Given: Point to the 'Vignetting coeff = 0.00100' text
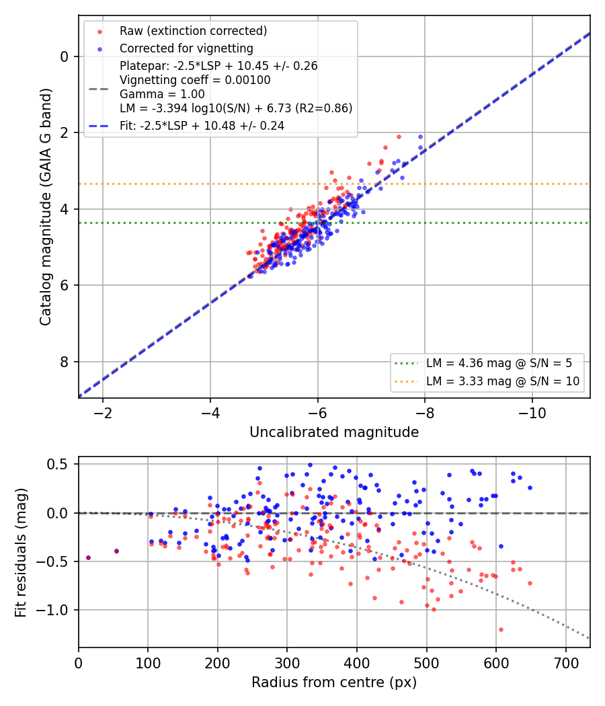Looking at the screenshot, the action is tap(195, 80).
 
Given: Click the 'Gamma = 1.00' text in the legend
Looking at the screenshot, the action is tap(162, 94).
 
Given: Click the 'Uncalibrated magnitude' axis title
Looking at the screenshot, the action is tap(334, 432).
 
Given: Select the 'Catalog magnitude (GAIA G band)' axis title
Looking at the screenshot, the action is tap(46, 206).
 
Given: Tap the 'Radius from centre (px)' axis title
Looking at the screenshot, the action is tap(334, 682).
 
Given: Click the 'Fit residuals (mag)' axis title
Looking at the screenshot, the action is tap(20, 553).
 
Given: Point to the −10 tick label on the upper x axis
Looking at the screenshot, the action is tap(532, 413).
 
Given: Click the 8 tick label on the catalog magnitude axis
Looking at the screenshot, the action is tap(65, 362).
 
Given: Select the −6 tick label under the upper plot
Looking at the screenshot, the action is tap(317, 413).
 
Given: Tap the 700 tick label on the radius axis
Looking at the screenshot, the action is tap(565, 663).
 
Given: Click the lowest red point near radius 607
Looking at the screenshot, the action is tap(501, 629).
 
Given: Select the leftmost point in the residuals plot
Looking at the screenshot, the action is tap(88, 558).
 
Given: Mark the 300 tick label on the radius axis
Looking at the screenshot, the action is tap(287, 663).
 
